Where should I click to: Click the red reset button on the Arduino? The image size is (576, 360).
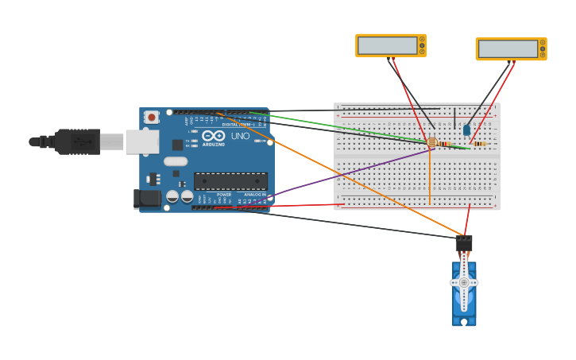151,117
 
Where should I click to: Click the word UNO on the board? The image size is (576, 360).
240,136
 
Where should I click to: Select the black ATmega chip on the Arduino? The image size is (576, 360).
230,181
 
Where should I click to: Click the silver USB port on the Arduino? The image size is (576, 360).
142,141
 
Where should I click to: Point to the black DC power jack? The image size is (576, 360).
147,199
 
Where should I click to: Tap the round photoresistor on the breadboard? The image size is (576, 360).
431,142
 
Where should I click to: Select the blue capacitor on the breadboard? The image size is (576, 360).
466,130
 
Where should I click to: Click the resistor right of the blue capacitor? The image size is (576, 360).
479,144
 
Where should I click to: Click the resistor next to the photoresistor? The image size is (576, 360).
445,144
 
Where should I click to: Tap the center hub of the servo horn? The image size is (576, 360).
464,282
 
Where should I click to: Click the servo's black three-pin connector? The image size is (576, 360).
464,242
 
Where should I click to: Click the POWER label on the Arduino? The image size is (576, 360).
224,194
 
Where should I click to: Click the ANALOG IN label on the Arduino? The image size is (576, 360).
254,194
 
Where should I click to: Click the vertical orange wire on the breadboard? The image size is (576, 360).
430,179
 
